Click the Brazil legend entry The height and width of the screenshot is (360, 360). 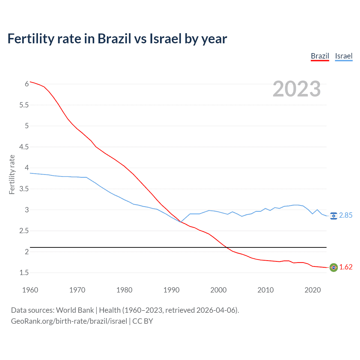320,56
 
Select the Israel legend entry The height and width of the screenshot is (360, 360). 344,56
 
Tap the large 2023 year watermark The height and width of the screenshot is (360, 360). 296,89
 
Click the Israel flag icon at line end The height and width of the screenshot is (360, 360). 334,216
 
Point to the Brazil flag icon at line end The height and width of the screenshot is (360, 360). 334,267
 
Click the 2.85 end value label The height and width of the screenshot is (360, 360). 346,215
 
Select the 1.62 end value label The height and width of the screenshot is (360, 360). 346,267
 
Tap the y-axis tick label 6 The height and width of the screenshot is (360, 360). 27,84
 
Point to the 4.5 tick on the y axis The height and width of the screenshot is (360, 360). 24,147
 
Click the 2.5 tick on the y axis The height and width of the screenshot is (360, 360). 24,231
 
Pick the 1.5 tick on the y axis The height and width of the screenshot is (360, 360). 24,273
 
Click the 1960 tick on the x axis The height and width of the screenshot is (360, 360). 30,290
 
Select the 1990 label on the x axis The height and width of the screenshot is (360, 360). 171,290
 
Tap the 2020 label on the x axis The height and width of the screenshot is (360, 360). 312,290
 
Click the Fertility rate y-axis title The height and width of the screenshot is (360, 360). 12,174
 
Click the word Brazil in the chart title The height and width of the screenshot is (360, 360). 114,39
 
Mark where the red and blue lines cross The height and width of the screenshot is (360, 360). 181,222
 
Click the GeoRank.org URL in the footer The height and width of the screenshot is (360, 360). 69,321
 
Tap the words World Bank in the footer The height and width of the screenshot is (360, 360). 75,310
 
